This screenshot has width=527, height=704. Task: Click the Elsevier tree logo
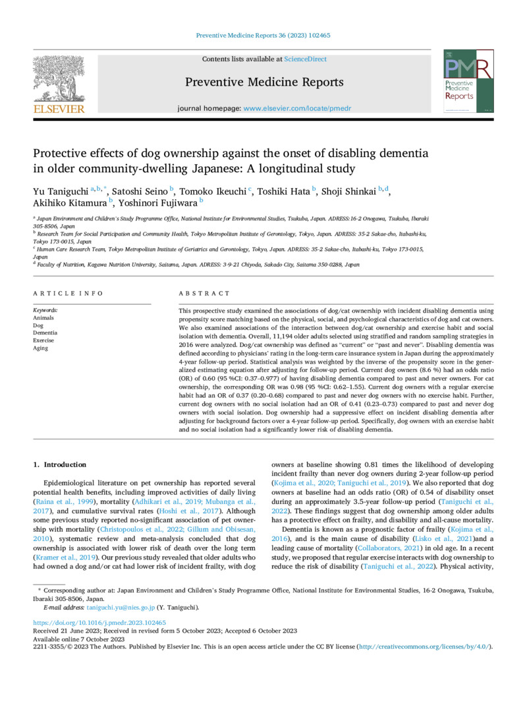coord(59,78)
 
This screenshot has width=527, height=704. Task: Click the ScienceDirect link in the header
coord(305,59)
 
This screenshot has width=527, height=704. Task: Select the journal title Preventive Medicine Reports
coord(263,82)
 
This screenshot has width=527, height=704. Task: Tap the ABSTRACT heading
coord(204,293)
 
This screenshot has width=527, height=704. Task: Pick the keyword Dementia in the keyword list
coord(45,333)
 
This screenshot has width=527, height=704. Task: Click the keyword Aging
coord(40,348)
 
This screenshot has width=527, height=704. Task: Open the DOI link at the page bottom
coord(99,622)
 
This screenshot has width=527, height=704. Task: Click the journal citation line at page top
coord(263,36)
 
